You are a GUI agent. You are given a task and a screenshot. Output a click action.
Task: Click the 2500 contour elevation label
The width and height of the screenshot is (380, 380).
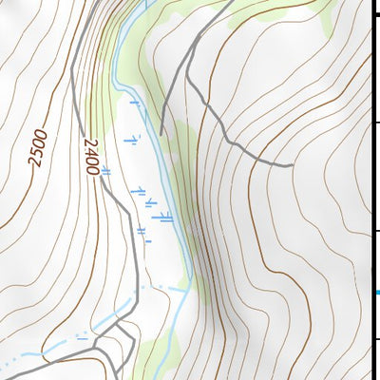37,145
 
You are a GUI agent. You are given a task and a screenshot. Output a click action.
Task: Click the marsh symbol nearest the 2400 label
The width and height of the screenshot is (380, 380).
105,172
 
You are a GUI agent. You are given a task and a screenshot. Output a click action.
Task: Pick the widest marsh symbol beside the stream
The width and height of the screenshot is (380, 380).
165,216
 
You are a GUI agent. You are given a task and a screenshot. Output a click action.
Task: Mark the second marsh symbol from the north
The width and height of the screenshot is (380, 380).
134,140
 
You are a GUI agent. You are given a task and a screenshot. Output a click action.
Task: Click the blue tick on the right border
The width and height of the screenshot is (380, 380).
376,292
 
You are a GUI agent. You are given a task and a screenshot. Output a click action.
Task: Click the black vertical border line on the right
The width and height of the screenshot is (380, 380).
371,190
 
